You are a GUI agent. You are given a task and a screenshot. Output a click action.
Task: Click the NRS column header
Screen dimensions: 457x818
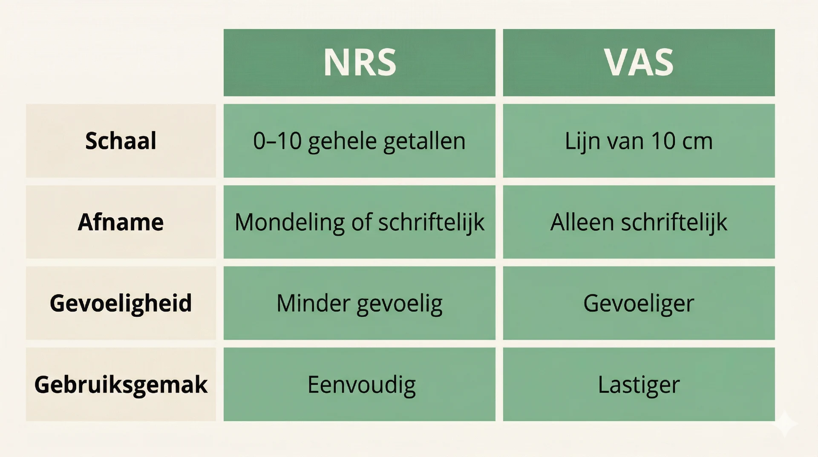[x=359, y=63]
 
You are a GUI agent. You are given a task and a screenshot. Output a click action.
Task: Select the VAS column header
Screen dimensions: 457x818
[x=639, y=63]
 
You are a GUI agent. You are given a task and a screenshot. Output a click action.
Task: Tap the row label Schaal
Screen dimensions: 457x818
[x=121, y=141]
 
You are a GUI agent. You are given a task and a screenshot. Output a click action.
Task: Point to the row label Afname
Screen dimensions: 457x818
[x=121, y=222]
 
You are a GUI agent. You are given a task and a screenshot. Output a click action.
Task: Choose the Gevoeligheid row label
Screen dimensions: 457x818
[x=121, y=303]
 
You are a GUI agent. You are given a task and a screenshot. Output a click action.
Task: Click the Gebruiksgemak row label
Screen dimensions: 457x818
[x=121, y=385]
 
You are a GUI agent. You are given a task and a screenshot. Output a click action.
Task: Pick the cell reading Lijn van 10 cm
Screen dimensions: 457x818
[x=639, y=141]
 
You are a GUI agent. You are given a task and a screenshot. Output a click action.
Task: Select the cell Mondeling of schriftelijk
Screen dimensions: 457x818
[x=359, y=222]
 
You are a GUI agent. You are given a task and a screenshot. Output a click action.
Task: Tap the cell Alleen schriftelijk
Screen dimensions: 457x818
[x=639, y=222]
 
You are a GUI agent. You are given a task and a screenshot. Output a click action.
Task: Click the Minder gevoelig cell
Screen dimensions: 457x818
[x=359, y=303]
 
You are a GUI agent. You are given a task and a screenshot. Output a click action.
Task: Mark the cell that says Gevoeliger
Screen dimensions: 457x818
[x=639, y=303]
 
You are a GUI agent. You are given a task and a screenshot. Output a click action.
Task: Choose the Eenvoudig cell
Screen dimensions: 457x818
[x=361, y=385]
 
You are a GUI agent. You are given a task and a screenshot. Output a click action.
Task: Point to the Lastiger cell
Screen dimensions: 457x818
[x=639, y=385]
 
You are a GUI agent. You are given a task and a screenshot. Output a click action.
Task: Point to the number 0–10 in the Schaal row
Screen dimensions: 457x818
[x=277, y=141]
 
